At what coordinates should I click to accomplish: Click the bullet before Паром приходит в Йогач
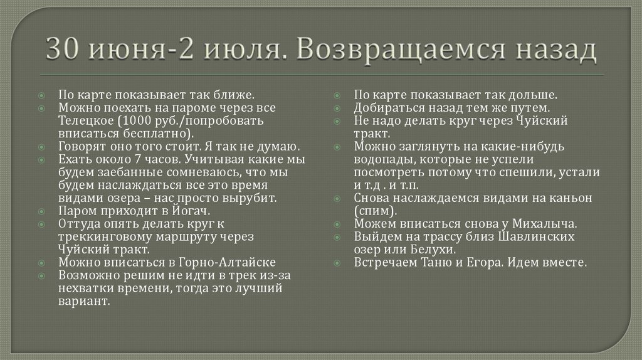41,211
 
